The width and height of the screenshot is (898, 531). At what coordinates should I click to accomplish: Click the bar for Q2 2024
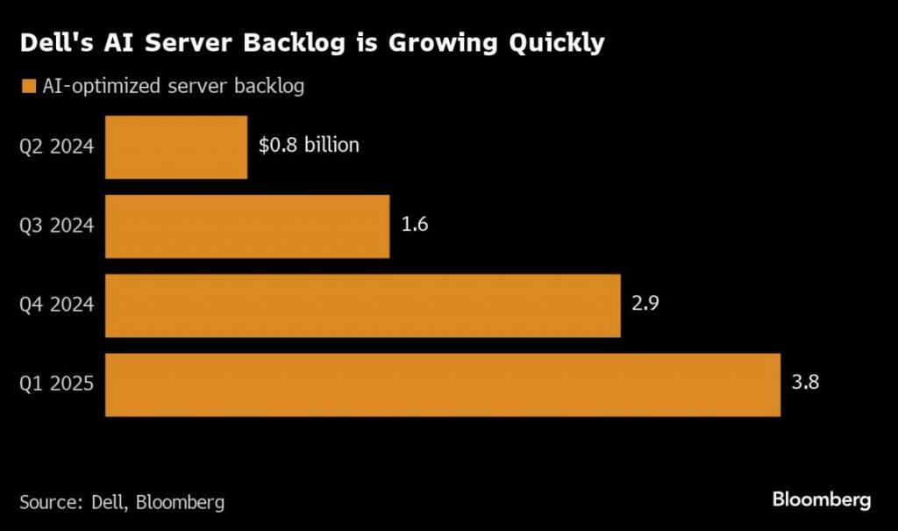[175, 147]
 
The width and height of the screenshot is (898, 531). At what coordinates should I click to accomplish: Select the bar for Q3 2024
[247, 226]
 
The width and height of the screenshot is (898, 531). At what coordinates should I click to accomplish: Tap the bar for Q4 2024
[362, 305]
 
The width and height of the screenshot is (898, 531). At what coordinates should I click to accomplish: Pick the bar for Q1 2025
[442, 384]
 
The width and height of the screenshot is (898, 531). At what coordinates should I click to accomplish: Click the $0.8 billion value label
[309, 145]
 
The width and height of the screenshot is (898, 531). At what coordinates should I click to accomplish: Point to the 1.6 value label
[414, 224]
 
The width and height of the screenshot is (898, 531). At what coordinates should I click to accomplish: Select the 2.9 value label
[645, 304]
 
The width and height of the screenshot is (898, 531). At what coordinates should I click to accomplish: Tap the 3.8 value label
[805, 383]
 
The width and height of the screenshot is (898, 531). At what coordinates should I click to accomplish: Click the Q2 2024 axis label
[57, 147]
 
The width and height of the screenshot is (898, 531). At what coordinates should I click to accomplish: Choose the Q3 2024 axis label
[57, 226]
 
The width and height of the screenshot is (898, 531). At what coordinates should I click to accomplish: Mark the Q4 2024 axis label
[57, 305]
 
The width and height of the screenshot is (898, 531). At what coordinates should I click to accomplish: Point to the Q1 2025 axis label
[57, 384]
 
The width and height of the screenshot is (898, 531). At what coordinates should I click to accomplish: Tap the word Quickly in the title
[556, 43]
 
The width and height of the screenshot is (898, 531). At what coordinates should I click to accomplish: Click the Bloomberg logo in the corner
[821, 500]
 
